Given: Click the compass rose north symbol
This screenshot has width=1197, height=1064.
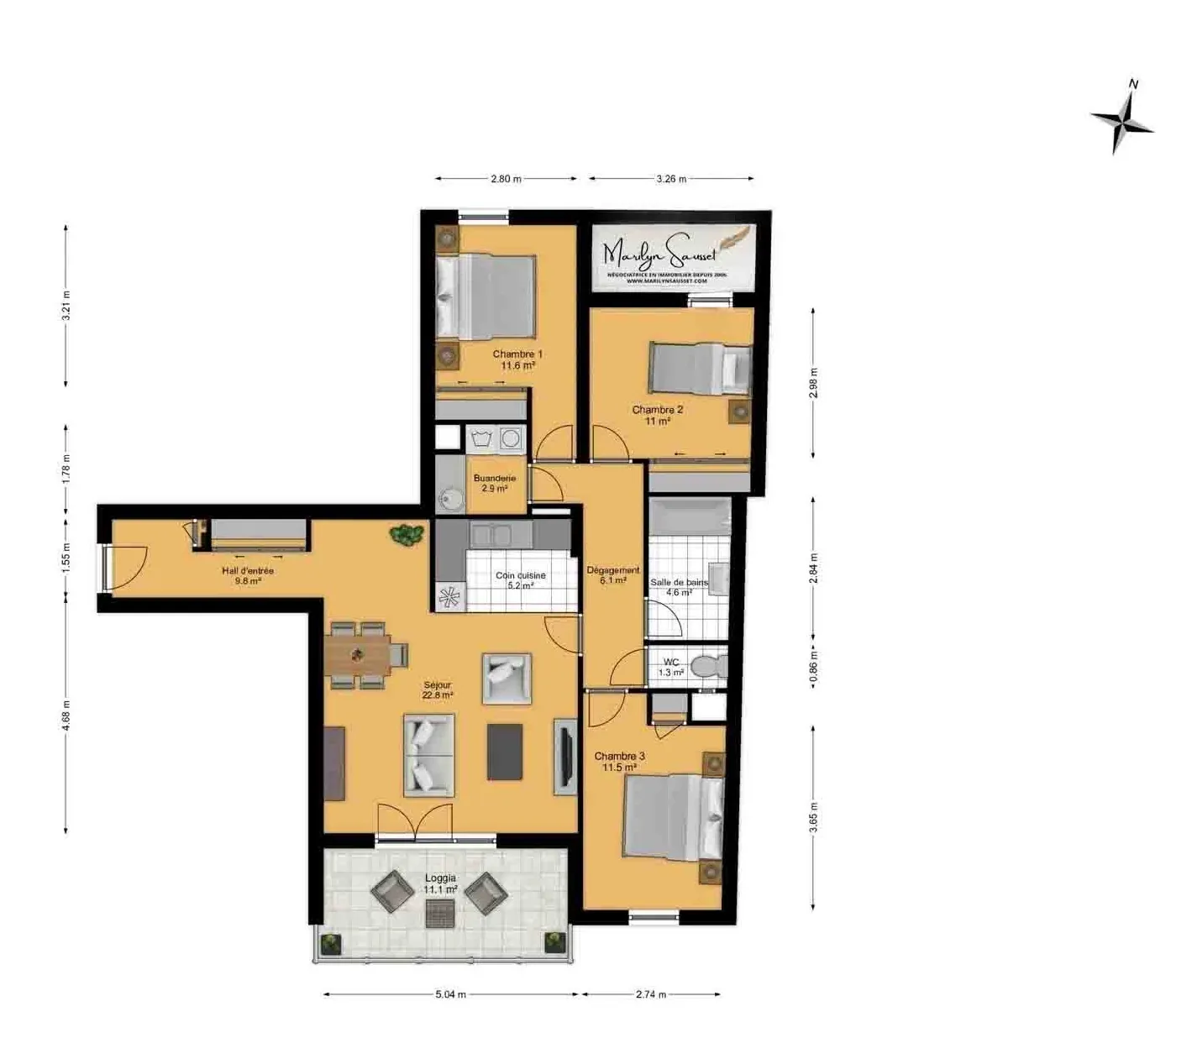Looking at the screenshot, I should (x=1123, y=122).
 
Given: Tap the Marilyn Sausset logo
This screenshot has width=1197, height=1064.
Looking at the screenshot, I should (x=674, y=257).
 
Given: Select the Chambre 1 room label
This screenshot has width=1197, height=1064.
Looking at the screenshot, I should (x=517, y=359).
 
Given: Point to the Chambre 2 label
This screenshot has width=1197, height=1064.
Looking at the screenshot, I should (x=657, y=416).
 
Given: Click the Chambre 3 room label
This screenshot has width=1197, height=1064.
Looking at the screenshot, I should (x=619, y=762).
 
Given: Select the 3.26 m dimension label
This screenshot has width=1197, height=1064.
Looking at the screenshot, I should (x=670, y=179).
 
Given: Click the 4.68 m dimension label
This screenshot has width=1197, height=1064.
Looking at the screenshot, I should (x=66, y=715).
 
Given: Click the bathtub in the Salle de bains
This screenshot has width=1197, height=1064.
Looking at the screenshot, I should (x=689, y=516).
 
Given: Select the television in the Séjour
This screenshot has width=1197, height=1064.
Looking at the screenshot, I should (x=564, y=756).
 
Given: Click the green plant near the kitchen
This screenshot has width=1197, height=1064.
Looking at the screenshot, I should (x=407, y=535).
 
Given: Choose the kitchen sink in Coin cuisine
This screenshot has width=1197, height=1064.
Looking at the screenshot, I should (x=493, y=534).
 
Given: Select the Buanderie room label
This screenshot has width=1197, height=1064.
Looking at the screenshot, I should (x=494, y=483).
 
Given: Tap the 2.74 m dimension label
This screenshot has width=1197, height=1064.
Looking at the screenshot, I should (x=650, y=994).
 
